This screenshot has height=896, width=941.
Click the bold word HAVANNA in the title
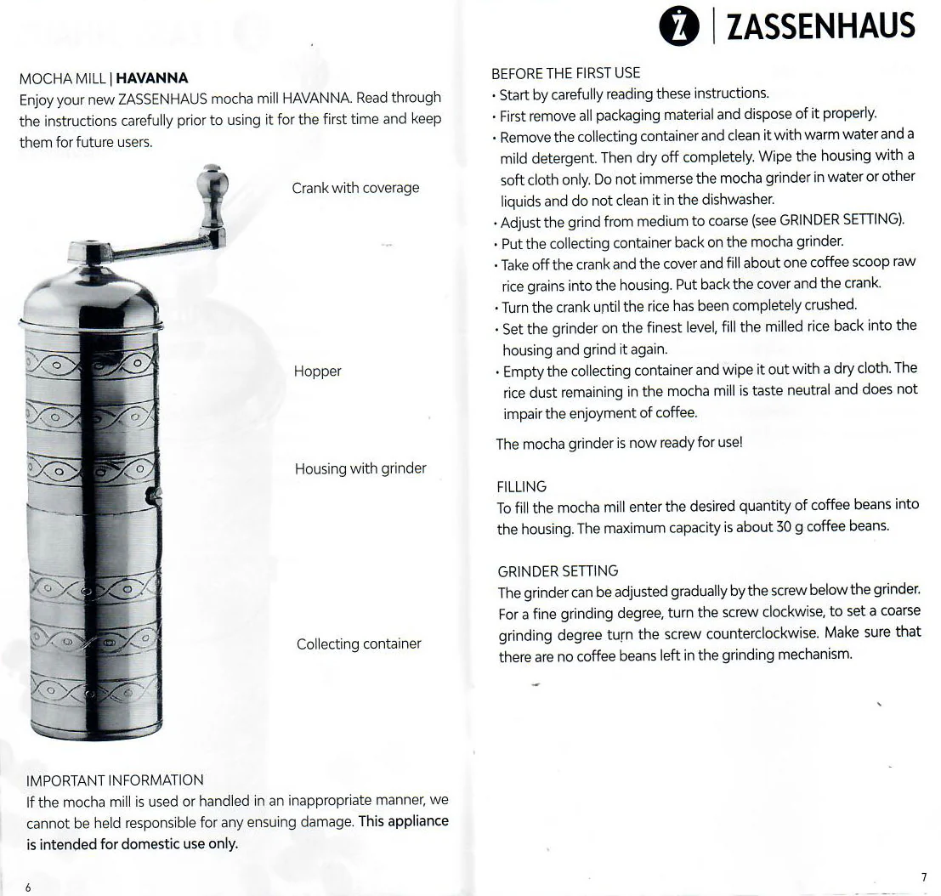[x=151, y=79]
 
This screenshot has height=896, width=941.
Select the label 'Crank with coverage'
[x=355, y=188]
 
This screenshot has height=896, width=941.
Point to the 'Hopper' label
[x=317, y=371]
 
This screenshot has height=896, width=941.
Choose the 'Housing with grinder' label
[x=360, y=468]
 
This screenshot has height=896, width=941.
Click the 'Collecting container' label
[x=359, y=644]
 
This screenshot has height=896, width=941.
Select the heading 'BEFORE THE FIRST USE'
[x=565, y=73]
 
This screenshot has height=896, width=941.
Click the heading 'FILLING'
[x=521, y=487]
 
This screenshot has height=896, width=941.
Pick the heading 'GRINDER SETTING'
[x=558, y=570]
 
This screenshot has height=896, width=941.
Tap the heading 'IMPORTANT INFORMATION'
[x=115, y=780]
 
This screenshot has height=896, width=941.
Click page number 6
[x=27, y=887]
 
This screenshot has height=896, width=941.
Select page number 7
[x=923, y=876]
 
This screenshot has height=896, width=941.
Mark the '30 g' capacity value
[x=787, y=526]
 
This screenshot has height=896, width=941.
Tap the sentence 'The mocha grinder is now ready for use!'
[x=620, y=444]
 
